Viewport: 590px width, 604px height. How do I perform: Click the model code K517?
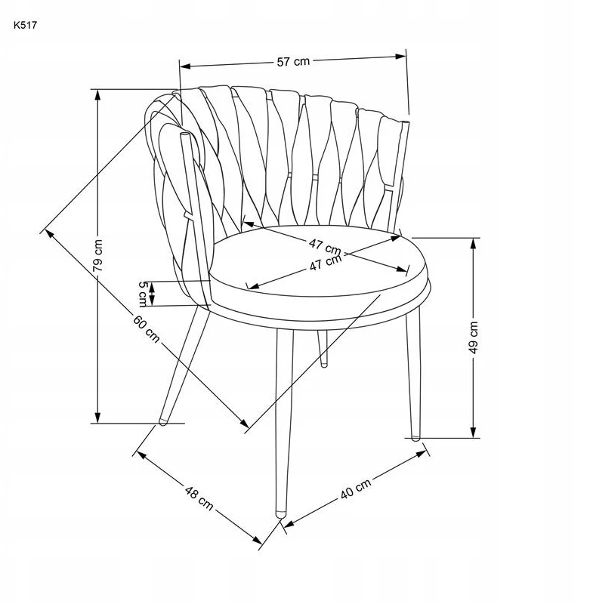click(26, 26)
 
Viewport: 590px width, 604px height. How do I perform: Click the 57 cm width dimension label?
click(293, 61)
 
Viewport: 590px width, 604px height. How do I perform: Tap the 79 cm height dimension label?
click(99, 255)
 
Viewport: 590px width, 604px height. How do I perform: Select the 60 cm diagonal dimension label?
click(147, 328)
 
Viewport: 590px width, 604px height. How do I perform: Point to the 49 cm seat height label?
click(474, 337)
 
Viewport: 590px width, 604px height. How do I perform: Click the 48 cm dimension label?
click(199, 498)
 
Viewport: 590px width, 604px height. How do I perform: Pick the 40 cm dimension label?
click(356, 488)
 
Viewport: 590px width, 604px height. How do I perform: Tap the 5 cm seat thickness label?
click(143, 294)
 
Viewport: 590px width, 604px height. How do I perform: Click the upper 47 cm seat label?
click(325, 247)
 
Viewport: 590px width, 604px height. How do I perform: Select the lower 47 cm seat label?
click(326, 262)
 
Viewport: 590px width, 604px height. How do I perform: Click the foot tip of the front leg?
click(280, 514)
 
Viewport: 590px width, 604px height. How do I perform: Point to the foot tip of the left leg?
click(163, 422)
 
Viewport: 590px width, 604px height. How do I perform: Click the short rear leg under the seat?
click(323, 348)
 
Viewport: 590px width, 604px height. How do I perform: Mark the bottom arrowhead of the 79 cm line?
click(98, 418)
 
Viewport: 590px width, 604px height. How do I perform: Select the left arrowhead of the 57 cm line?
click(185, 66)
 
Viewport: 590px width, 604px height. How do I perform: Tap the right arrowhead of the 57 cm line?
click(401, 57)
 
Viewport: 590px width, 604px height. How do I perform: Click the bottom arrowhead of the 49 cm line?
click(474, 432)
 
